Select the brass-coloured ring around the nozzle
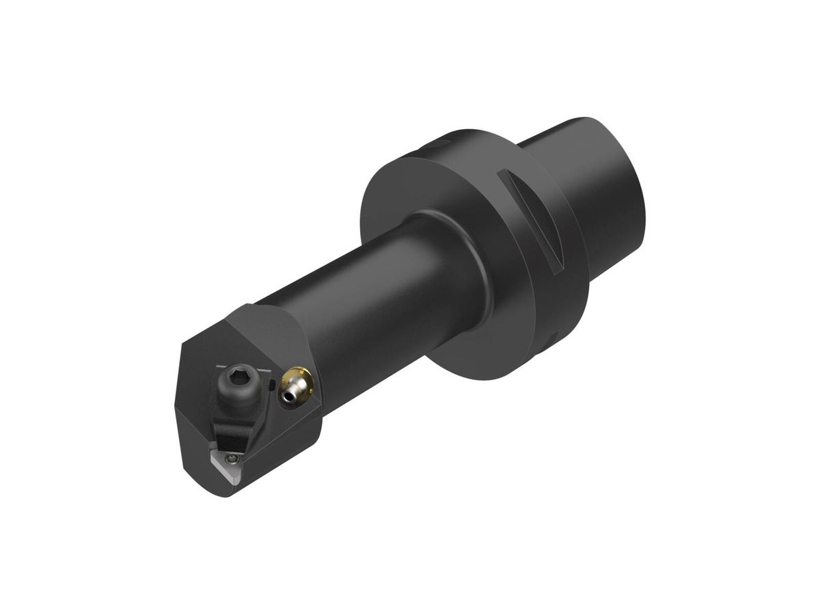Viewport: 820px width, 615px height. [300, 378]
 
